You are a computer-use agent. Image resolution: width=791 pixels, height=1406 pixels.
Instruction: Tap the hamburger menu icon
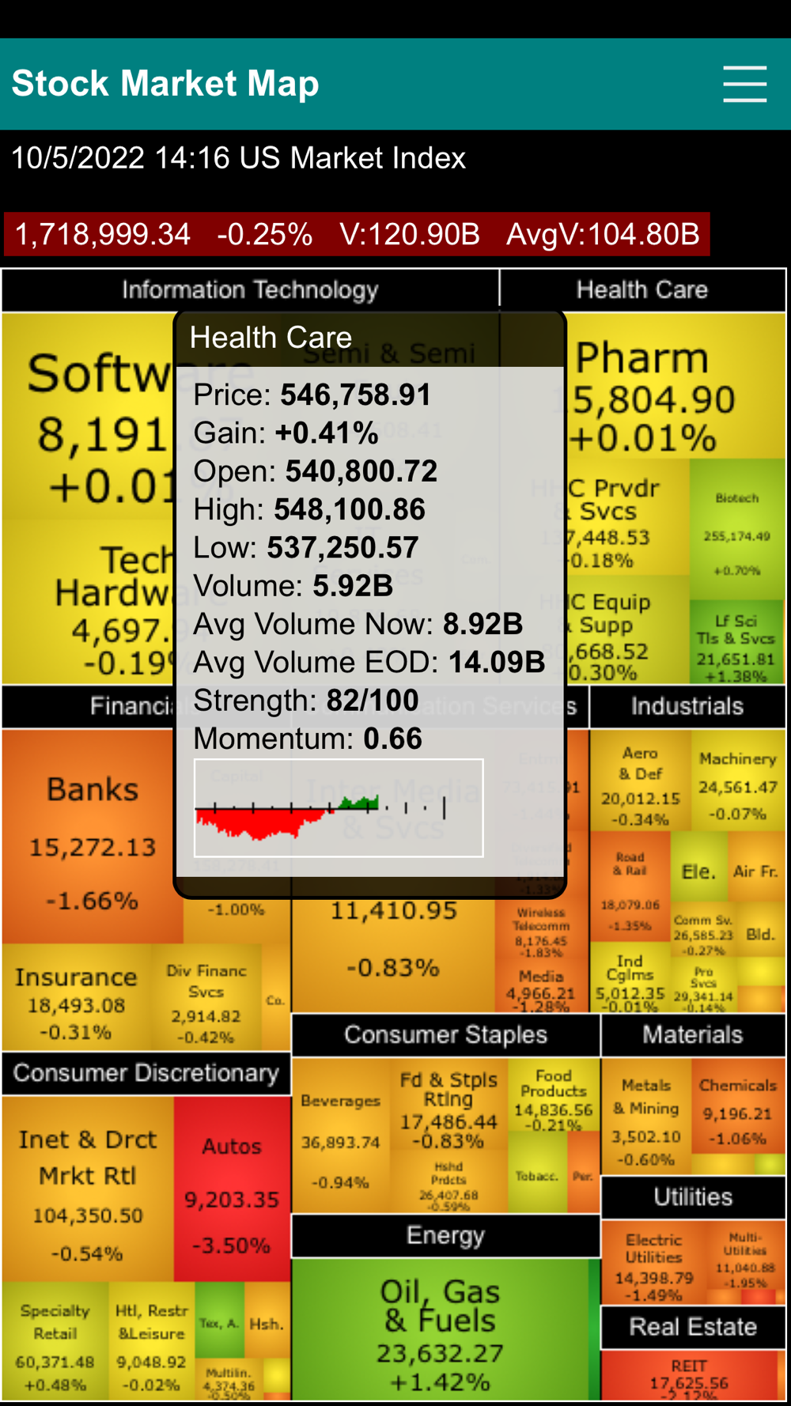coord(744,84)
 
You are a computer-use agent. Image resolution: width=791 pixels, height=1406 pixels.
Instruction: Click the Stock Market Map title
coord(165,84)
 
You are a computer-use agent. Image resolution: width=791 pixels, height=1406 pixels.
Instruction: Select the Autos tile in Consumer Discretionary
coord(232,1194)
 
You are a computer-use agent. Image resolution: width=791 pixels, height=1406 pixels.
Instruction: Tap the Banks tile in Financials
coord(92,842)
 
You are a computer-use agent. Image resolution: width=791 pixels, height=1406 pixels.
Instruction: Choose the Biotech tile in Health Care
coord(736,534)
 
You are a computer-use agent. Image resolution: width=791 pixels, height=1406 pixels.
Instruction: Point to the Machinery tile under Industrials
coord(737,785)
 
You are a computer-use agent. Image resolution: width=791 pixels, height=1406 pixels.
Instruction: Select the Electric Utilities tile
coord(653,1265)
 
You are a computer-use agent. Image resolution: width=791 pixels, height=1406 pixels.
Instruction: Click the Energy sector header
coord(445,1236)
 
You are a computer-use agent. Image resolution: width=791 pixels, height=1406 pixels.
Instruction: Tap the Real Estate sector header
coord(693,1327)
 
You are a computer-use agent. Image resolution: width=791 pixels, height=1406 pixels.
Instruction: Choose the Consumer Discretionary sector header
coord(146,1073)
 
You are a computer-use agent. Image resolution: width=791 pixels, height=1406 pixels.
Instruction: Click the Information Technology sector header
coord(250,290)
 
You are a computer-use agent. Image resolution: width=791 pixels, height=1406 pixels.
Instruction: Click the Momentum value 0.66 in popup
coord(392,739)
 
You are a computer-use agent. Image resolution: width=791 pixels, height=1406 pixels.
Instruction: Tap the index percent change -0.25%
coord(264,234)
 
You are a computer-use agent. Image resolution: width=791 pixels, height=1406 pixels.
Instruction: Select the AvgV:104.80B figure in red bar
coord(603,234)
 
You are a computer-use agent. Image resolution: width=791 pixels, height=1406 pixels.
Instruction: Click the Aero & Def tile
coord(640,785)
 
